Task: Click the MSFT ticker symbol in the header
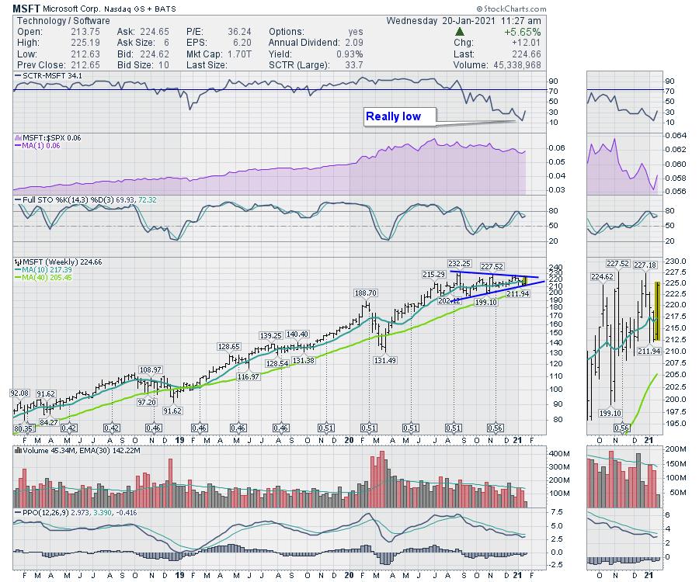coord(26,7)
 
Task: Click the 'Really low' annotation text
coord(393,116)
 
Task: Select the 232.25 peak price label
coord(461,264)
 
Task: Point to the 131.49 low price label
coord(384,360)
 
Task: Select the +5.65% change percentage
coord(524,32)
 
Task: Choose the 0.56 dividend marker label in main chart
coord(495,428)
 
